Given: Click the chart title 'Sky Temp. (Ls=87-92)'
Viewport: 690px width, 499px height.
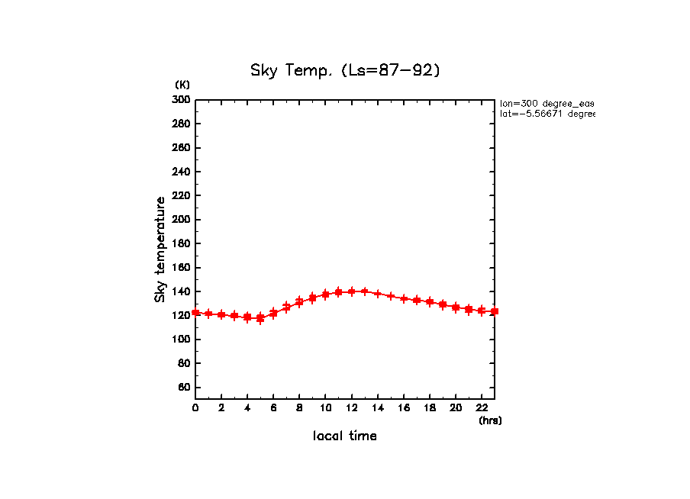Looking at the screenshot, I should point(346,70).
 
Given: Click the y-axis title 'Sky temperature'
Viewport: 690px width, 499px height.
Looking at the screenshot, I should point(160,250).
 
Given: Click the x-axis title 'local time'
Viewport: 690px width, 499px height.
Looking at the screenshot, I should point(345,436).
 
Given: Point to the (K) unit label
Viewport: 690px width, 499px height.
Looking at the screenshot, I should point(182,84).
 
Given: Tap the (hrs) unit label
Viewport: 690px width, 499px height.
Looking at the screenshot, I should point(490,420).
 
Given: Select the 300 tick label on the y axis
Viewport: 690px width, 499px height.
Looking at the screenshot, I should point(182,100).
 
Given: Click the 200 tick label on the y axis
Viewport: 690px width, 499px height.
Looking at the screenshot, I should point(182,220).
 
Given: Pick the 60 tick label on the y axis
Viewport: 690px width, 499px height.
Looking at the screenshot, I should point(184,388).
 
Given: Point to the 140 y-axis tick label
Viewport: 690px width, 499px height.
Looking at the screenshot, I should point(182,291).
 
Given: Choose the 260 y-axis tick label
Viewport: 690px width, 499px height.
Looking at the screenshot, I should point(182,148).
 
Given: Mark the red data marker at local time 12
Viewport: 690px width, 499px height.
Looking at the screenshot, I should point(351,291).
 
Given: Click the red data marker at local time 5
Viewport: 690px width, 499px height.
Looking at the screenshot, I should point(260,318).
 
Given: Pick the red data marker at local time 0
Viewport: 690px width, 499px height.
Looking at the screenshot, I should point(195,312).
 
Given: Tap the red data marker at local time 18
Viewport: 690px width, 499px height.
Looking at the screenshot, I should point(430,302).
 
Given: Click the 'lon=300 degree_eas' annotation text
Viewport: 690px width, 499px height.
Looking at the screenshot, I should point(547,103).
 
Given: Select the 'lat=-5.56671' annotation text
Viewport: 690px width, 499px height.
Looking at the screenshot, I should point(547,114).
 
